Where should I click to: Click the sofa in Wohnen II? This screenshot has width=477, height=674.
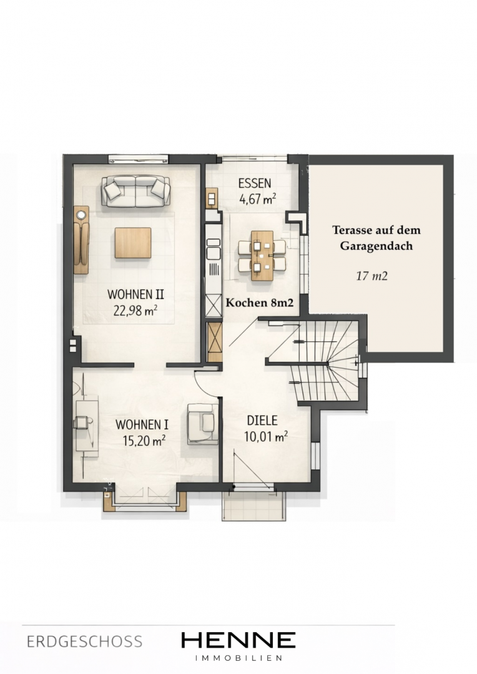tap(136, 191)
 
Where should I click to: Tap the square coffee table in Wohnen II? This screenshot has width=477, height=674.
tap(133, 243)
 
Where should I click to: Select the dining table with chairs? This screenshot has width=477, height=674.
tap(262, 255)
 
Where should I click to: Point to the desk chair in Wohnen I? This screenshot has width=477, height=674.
tap(82, 422)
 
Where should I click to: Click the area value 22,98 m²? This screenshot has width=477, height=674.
tap(135, 310)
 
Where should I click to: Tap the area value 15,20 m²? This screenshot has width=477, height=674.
tap(144, 440)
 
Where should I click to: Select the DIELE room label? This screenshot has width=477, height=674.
tap(262, 421)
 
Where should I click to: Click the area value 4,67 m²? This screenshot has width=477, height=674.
tap(258, 199)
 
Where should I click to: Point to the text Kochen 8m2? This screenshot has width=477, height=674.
tap(260, 303)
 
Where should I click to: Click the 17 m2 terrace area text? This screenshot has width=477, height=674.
tap(371, 276)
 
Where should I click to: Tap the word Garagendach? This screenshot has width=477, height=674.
tap(376, 247)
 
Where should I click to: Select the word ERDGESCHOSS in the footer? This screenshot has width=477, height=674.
tap(84, 642)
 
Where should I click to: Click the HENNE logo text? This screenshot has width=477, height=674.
tap(238, 640)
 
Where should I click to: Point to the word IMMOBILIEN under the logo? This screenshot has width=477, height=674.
tap(238, 658)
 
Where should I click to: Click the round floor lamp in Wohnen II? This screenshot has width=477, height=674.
tap(81, 213)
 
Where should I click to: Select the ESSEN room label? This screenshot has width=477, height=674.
tap(255, 183)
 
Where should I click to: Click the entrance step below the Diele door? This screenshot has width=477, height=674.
tap(253, 506)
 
